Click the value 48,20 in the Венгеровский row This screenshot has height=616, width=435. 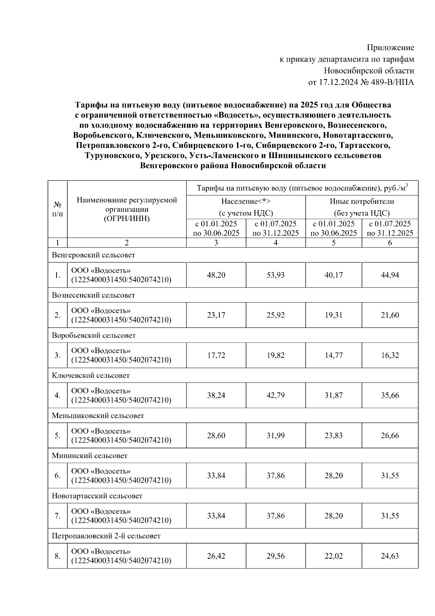click(x=216, y=275)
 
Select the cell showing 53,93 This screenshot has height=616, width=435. click(x=275, y=275)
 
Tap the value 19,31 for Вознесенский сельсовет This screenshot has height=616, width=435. click(x=333, y=315)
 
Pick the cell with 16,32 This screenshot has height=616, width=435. click(x=390, y=355)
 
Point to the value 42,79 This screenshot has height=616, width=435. click(x=275, y=395)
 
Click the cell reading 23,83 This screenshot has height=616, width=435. click(x=333, y=436)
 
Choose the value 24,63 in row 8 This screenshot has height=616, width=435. click(x=390, y=556)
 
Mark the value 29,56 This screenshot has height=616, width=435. click(x=275, y=556)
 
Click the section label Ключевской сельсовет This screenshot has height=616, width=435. click(x=91, y=376)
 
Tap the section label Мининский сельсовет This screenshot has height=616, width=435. click(x=90, y=456)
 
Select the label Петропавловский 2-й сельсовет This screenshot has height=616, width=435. click(x=106, y=536)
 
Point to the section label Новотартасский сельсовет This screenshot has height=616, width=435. click(x=97, y=496)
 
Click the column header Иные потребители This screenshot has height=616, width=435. click(x=362, y=201)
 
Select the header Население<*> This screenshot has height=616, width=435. click(x=246, y=201)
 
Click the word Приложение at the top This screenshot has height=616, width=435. click(x=390, y=48)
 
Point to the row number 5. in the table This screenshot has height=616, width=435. click(x=57, y=436)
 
